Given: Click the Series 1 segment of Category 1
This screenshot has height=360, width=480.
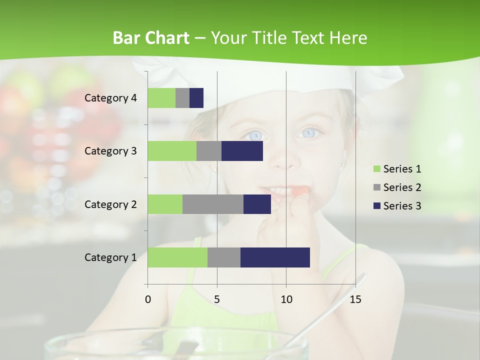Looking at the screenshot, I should point(177,257).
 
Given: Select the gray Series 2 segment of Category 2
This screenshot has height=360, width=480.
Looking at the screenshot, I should point(213,204).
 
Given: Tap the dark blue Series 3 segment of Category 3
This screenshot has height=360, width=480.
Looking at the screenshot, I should point(242,151).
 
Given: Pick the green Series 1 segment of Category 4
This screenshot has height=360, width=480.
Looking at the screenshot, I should point(161,98).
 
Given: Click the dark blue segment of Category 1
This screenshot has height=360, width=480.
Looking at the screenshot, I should point(275,257).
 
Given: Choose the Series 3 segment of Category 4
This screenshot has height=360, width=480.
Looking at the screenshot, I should point(196,98).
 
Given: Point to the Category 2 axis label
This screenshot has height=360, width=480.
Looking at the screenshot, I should point(110,204).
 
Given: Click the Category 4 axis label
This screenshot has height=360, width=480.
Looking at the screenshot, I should point(110,98).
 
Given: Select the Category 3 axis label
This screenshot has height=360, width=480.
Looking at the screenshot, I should point(110,151).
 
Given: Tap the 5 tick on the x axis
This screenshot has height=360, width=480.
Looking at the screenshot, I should point(217,299).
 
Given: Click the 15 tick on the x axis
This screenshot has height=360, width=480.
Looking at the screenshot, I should point(355,299).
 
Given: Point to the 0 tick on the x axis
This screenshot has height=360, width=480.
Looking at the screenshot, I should point(148,299).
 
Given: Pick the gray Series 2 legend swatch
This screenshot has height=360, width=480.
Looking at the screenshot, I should point(377,187).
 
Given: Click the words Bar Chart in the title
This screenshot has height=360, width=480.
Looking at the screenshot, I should point(151,38).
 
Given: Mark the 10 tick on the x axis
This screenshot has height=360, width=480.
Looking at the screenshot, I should point(286,299).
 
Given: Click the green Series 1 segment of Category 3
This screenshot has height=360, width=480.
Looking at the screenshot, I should point(172,151).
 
